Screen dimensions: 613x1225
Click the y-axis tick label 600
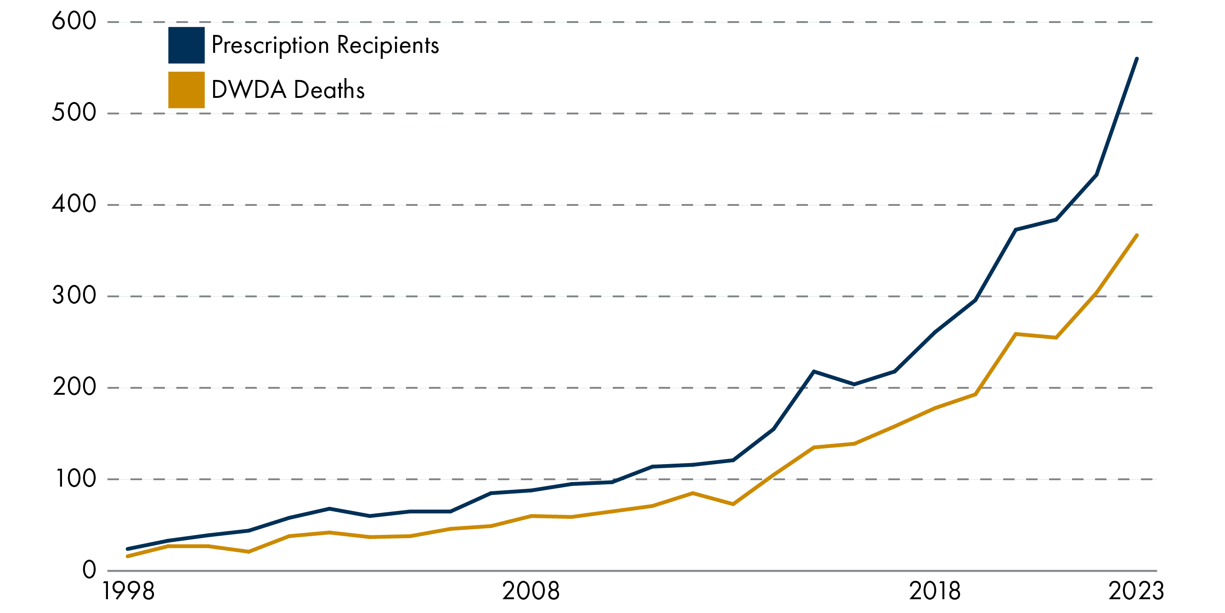73,22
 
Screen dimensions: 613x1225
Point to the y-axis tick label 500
73,113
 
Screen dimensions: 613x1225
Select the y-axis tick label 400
73,204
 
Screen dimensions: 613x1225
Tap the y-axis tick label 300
73,295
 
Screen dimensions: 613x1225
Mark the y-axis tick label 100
76,478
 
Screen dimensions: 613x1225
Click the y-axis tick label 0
89,570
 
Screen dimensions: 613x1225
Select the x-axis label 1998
129,591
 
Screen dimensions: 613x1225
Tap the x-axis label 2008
531,591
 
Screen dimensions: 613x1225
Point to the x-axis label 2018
935,591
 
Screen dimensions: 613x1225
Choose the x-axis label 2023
1136,591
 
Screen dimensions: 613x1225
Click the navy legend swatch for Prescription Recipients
186,45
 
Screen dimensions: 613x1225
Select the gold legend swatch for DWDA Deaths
186,90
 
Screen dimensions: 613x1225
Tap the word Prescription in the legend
270,45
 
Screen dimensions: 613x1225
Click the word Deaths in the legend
329,90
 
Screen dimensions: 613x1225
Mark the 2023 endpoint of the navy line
1136,59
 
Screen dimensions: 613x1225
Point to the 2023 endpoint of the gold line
1136,235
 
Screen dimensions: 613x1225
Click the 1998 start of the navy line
127,549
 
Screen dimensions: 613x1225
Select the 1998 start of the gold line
127,556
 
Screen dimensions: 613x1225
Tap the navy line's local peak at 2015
814,371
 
